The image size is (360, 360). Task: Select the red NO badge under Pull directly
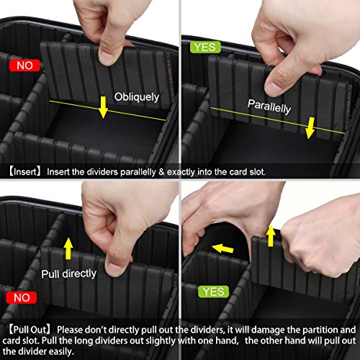(x=19, y=297)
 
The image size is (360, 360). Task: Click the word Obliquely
(x=137, y=96)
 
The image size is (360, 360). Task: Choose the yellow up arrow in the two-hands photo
(x=270, y=235)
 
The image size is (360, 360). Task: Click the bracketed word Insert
(x=26, y=172)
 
